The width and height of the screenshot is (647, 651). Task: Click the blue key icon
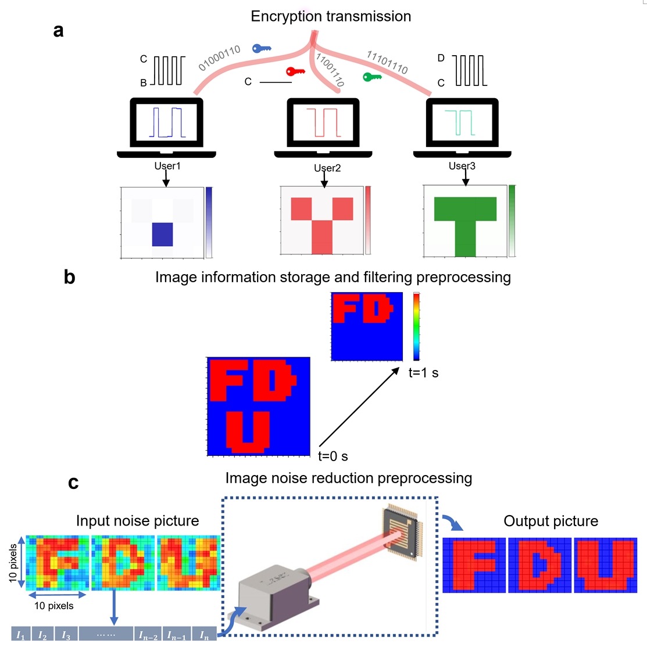262,49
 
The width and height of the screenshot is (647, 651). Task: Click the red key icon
295,71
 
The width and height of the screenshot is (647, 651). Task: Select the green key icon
372,77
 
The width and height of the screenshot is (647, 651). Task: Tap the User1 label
167,166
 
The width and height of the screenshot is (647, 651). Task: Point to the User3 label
462,166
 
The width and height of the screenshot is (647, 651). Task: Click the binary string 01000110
219,58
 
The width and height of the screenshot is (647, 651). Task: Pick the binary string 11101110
387,62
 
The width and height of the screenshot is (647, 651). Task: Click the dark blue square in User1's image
163,234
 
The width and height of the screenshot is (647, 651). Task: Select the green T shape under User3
465,224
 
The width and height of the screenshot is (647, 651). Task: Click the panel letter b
70,278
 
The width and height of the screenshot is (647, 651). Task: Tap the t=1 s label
423,373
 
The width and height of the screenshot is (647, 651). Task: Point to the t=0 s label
333,456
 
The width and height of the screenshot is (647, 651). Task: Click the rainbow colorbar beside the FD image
416,326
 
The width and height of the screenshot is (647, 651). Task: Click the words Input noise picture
137,521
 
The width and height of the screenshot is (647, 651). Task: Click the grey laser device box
279,601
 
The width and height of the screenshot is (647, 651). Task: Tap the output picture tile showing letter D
540,566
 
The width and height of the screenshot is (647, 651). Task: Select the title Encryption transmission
331,16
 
